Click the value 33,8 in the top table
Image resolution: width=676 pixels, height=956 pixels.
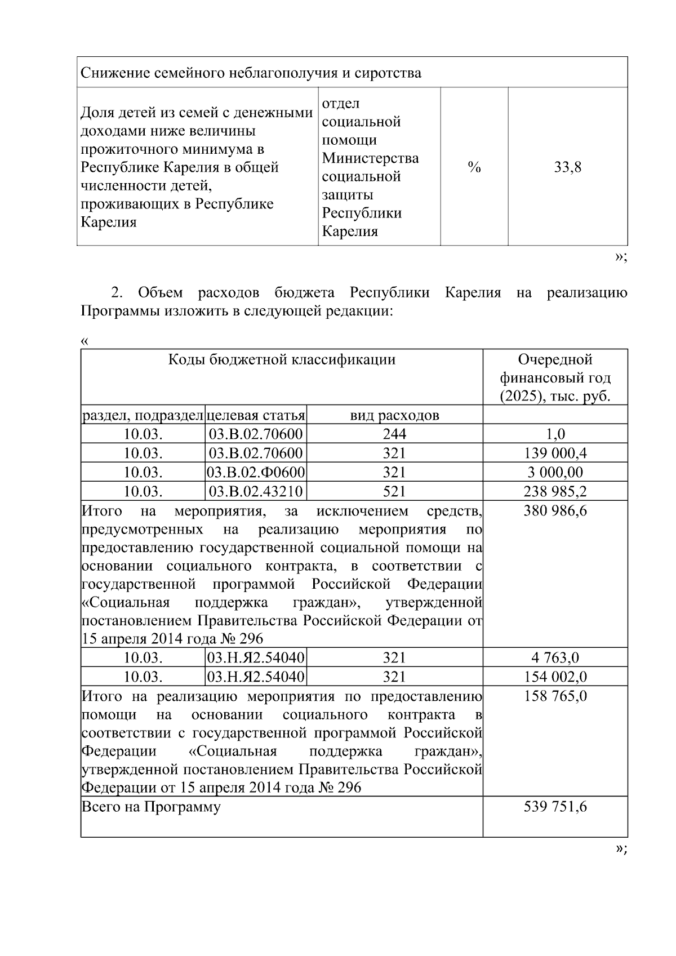567,167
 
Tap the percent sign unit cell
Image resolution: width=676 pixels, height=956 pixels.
474,167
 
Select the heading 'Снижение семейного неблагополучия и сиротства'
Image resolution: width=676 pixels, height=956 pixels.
251,73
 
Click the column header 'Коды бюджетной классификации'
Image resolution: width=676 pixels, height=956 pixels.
282,360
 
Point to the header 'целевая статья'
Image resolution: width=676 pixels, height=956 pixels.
256,416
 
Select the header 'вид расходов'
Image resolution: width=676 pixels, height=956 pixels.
394,416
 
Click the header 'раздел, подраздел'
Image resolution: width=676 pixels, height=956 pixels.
143,416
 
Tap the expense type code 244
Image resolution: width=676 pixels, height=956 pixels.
394,434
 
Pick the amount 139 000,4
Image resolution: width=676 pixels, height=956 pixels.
555,453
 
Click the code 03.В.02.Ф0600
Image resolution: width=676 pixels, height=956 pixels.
256,473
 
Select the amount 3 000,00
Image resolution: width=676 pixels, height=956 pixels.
555,473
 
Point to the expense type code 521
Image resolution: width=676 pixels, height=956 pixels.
394,492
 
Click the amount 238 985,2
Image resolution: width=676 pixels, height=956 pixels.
555,492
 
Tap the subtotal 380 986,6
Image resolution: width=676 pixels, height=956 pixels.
555,512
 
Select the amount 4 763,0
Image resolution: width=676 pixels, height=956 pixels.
555,658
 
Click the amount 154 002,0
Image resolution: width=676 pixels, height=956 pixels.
555,677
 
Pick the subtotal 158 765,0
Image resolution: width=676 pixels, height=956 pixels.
555,696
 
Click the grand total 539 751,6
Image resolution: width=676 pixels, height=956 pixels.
555,807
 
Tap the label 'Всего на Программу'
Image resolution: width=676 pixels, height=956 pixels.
151,807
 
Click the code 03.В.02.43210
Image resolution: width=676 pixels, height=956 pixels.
256,492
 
